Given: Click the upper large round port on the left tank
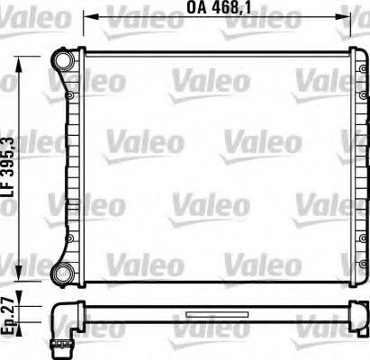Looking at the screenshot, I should pyautogui.click(x=63, y=59).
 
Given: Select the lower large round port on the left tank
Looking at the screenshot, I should pyautogui.click(x=63, y=273).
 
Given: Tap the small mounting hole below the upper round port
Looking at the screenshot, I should pyautogui.click(x=69, y=92).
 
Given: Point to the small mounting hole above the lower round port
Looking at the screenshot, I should pyautogui.click(x=69, y=239).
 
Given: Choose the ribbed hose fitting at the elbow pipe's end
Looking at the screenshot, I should pyautogui.click(x=63, y=341).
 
